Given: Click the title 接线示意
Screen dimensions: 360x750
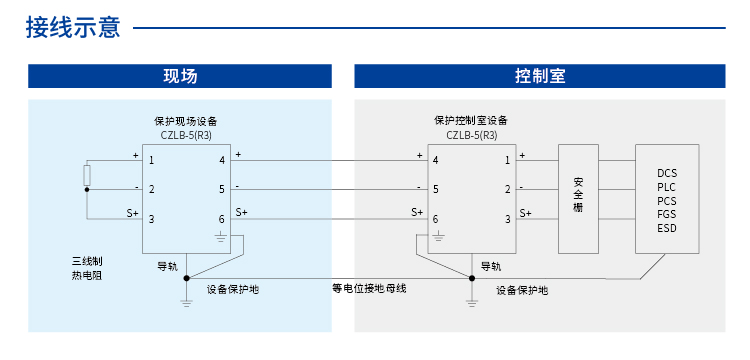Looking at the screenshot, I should [x=72, y=27].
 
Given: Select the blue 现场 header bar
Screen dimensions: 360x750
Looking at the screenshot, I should [x=180, y=77].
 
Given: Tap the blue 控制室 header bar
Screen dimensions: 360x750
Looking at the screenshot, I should [x=540, y=77].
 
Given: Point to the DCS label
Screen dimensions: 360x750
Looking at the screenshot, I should [x=667, y=173].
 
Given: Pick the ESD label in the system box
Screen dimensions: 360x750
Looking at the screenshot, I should [x=667, y=229].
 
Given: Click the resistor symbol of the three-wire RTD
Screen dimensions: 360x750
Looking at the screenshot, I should [x=87, y=176].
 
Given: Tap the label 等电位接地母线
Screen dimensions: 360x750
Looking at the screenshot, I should [x=369, y=289].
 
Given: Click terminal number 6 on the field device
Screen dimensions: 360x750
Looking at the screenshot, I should [x=221, y=219].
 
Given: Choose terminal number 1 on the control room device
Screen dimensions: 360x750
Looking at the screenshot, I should [x=507, y=160].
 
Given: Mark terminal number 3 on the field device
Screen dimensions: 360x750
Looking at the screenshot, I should [x=151, y=219].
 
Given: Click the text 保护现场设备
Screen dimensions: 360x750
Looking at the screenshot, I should [x=186, y=120].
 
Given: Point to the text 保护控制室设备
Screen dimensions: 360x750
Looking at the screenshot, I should [x=471, y=120].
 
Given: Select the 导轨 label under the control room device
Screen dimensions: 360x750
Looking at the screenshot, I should [x=491, y=266].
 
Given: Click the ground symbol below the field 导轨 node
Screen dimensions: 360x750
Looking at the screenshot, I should [x=186, y=301].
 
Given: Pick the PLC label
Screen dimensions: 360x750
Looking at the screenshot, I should [x=667, y=187].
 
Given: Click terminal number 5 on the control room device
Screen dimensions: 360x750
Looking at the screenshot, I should [x=437, y=188].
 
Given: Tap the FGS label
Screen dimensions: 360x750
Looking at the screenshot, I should [x=667, y=215].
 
